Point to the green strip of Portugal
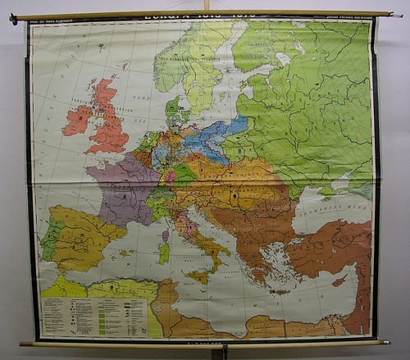coord(50,240)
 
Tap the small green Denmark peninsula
coord(175,111)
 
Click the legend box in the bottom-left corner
coord(94,317)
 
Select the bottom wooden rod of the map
coord(205,343)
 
